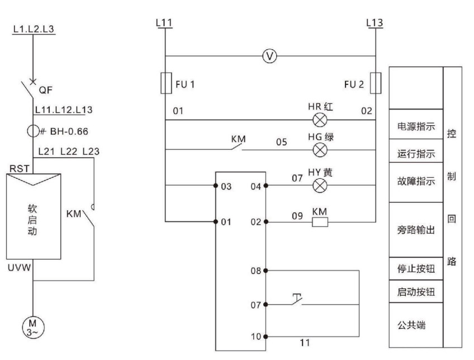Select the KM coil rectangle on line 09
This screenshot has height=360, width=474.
click(x=319, y=221)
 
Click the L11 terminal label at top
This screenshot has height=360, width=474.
click(x=165, y=23)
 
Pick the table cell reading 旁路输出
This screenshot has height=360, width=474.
click(x=415, y=229)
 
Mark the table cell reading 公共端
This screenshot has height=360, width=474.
click(x=415, y=324)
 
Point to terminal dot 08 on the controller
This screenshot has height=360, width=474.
click(x=266, y=270)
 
